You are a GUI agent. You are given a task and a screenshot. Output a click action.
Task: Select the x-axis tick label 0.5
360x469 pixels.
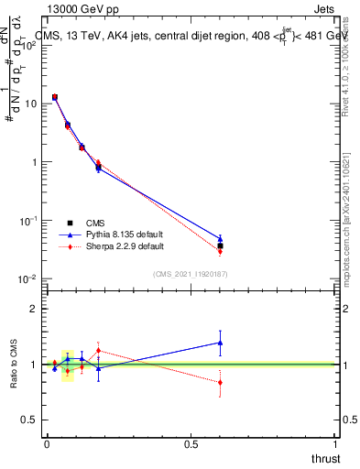tap(191, 443)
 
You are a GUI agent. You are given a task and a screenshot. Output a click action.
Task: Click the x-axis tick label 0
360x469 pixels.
tap(47, 443)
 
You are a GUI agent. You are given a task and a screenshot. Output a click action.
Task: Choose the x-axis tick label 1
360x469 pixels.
tap(336, 443)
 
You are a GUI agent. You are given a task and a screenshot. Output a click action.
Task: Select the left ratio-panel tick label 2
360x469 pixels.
tap(38, 309)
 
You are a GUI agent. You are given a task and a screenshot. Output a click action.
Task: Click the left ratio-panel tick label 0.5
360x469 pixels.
tap(34, 420)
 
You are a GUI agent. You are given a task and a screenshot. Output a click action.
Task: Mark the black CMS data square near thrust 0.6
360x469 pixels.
tap(220, 245)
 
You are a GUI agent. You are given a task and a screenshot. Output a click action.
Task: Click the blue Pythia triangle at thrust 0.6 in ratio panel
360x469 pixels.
tap(220, 343)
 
